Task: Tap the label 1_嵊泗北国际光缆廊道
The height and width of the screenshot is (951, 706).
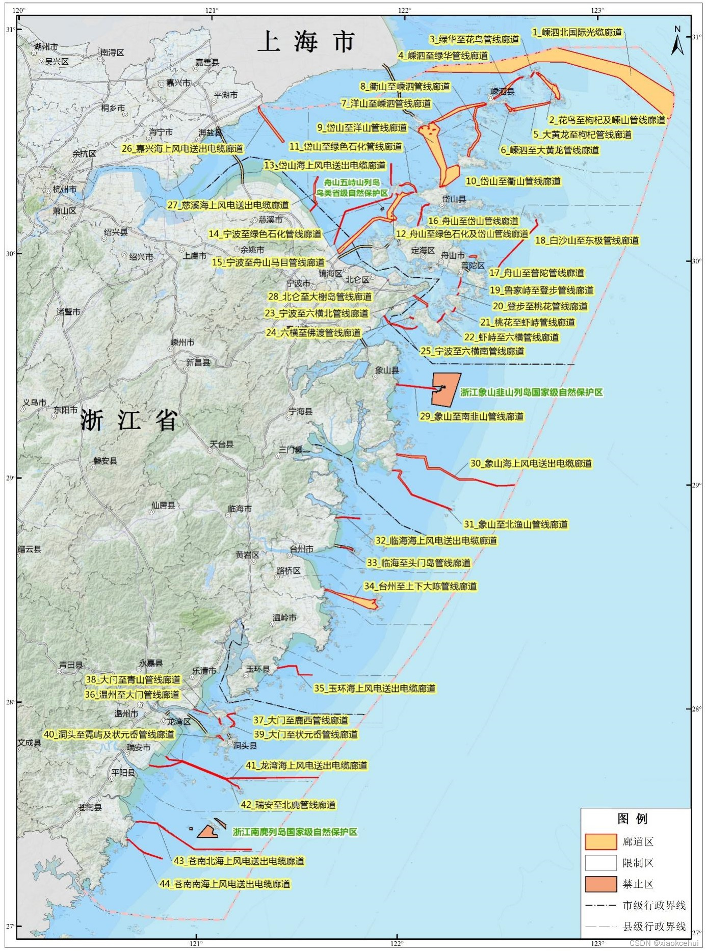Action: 577,33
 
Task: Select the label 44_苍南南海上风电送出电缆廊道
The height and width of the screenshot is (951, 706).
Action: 225,884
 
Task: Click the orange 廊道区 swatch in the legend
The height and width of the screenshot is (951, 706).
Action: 600,841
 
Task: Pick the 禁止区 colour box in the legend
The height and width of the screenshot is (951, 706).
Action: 600,884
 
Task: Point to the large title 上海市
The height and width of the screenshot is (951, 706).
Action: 306,42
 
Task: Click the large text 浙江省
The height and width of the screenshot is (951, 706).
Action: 129,421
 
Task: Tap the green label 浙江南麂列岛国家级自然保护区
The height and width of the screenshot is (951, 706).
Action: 295,832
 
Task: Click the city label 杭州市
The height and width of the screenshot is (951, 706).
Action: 65,189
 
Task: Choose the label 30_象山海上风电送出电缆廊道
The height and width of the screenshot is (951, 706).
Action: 531,463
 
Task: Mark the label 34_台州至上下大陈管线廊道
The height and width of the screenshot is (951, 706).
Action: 420,586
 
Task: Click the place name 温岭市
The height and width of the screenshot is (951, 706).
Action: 284,617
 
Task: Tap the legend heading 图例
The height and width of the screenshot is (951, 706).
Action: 632,818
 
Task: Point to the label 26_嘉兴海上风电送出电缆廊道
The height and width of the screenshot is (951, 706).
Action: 182,149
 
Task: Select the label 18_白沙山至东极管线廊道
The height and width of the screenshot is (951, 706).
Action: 586,241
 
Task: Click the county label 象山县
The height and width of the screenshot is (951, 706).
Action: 387,370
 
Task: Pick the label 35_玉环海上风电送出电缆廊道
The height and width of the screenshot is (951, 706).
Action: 375,688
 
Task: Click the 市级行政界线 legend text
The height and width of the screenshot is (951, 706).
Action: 654,905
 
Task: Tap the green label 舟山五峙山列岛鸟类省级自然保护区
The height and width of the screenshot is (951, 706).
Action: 352,188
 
